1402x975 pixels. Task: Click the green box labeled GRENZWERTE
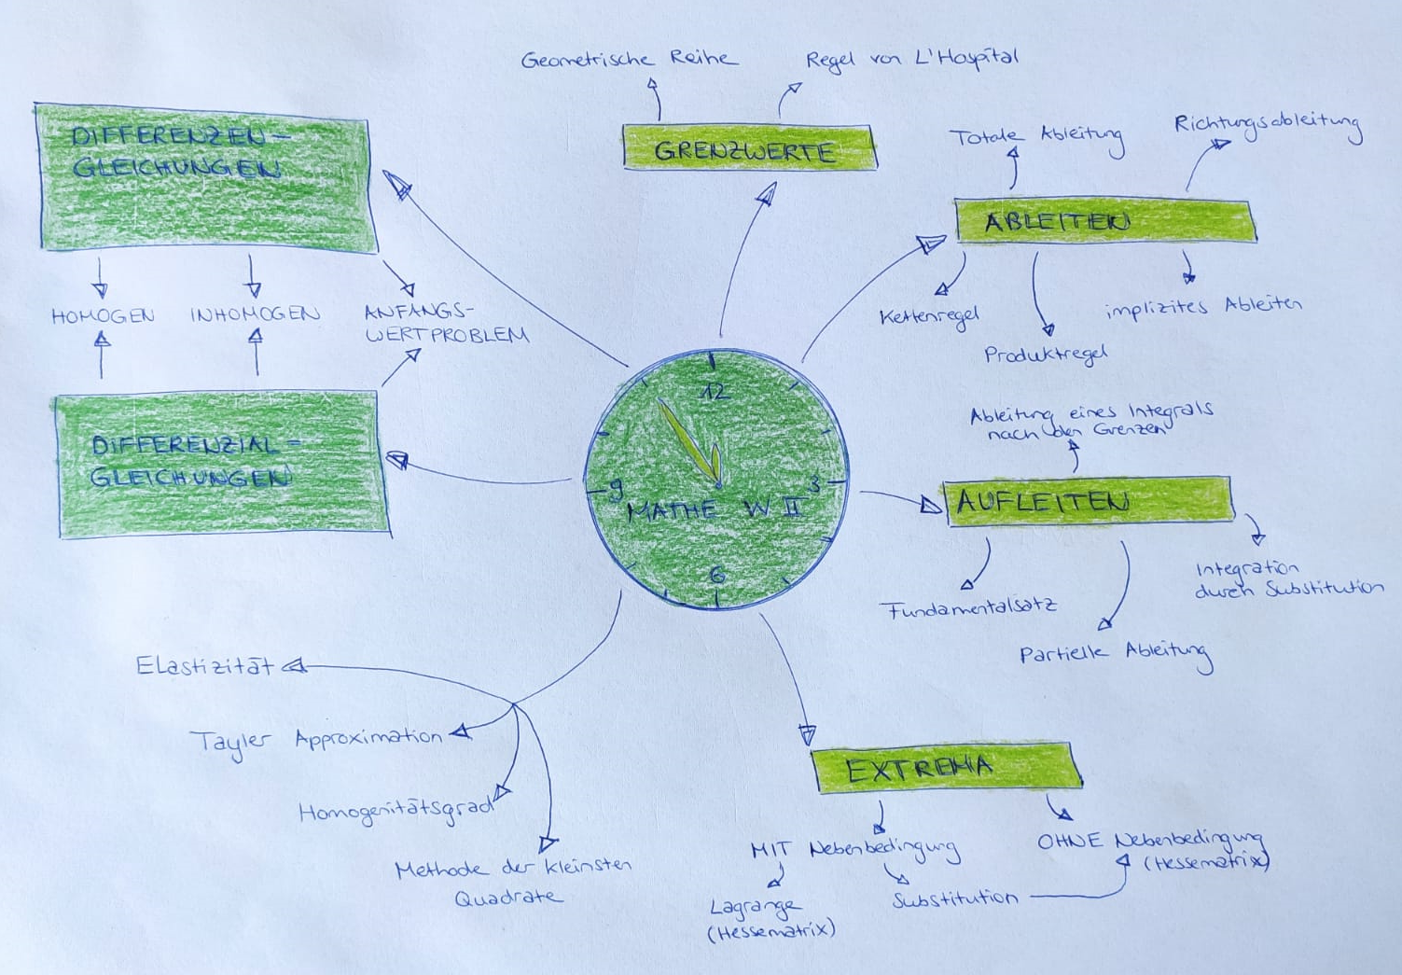coord(748,148)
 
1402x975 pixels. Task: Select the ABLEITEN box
coord(1105,221)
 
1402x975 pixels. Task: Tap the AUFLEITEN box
coord(1088,502)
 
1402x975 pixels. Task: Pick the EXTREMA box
coord(947,769)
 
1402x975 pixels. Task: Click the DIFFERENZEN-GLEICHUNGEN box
coord(205,177)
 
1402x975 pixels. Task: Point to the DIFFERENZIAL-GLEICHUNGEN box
coord(224,463)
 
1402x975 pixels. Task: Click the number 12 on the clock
coord(715,391)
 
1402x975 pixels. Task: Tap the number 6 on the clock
coord(716,575)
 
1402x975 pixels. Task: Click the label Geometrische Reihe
coord(629,60)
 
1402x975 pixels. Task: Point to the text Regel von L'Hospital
coord(911,59)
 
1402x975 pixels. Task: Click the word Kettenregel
coord(929,317)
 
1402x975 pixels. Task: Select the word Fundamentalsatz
coord(970,609)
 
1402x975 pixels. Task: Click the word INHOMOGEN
coord(255,314)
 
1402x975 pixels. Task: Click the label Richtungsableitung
coord(1268,124)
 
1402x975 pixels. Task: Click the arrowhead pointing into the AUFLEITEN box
coord(930,505)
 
